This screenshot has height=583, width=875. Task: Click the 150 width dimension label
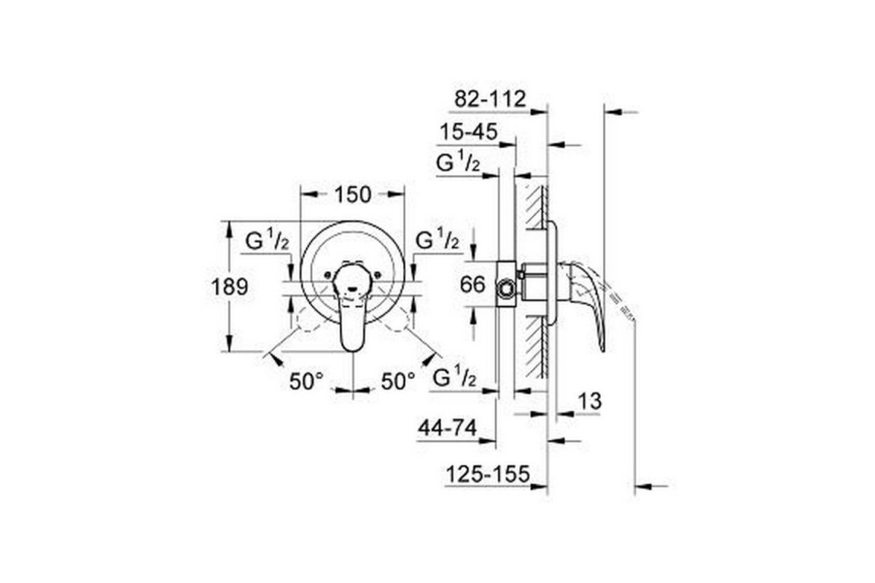[x=353, y=195]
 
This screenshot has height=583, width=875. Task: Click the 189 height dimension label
[x=230, y=286]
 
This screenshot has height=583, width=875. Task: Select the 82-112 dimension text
[x=489, y=99]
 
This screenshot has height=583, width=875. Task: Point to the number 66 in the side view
[x=473, y=284]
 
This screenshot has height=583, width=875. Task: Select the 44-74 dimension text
[x=448, y=429]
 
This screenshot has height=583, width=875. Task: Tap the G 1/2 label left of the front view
[x=267, y=241]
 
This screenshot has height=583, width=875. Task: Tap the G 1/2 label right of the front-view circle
[x=437, y=240]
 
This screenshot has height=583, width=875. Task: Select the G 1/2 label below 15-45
[x=458, y=163]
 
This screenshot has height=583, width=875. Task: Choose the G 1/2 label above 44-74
[x=456, y=378]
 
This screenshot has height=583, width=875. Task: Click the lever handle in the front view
[x=353, y=321]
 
